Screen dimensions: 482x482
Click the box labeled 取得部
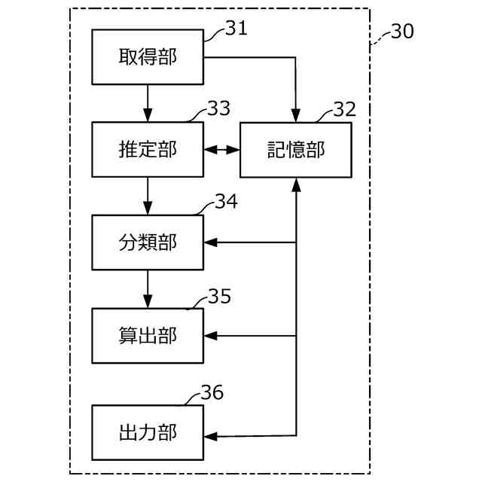(148, 57)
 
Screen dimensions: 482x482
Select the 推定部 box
(148, 150)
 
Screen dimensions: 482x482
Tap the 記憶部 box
(296, 150)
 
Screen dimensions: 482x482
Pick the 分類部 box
(148, 243)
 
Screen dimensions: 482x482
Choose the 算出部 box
(148, 335)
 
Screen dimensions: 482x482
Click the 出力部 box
(148, 433)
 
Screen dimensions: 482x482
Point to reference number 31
(236, 29)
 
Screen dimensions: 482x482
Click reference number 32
(344, 108)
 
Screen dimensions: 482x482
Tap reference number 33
(218, 108)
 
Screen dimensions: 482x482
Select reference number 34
(226, 201)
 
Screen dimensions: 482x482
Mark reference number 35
(219, 296)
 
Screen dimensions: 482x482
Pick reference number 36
(212, 392)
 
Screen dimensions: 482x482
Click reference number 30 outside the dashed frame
(402, 32)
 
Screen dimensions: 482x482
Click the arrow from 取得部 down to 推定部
(148, 103)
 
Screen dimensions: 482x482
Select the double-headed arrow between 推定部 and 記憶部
(221, 150)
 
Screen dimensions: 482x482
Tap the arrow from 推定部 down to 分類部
(148, 196)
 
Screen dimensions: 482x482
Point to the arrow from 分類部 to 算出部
(148, 288)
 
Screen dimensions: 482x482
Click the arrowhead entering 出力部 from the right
(210, 435)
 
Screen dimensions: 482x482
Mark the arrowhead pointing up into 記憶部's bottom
(296, 184)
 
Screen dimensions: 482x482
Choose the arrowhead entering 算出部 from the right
(210, 335)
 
